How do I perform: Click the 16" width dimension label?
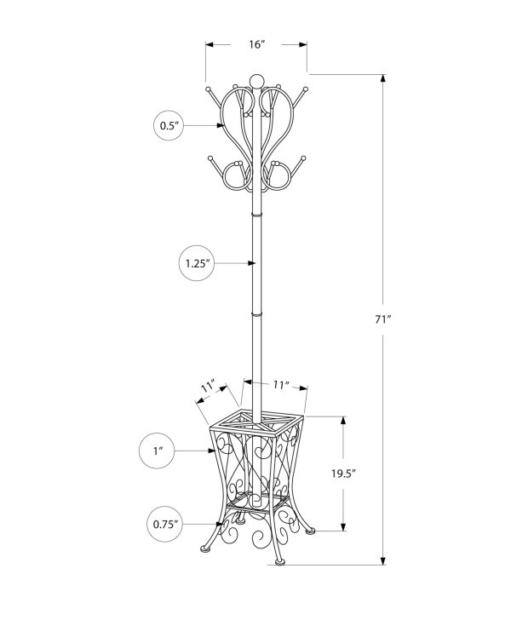point(256,44)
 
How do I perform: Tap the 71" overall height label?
point(382,319)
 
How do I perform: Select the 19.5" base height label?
point(344,474)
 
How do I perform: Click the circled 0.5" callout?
point(169,125)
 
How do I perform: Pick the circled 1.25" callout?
point(197,263)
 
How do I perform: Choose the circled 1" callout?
point(158,451)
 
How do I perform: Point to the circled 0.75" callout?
point(165,525)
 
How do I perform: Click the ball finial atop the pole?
point(256,81)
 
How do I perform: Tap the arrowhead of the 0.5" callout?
point(221,125)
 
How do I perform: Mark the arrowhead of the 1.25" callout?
point(251,263)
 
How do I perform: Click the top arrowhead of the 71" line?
point(383,78)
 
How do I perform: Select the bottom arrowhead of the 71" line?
point(383,560)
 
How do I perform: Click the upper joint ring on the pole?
point(256,215)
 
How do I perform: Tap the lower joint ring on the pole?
point(256,314)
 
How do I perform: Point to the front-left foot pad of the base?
point(204,548)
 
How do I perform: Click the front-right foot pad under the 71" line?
point(279,562)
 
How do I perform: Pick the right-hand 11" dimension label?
point(280,385)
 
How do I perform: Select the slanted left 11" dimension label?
point(208,386)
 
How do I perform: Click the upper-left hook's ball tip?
point(208,89)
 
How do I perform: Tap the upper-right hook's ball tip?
point(306,89)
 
